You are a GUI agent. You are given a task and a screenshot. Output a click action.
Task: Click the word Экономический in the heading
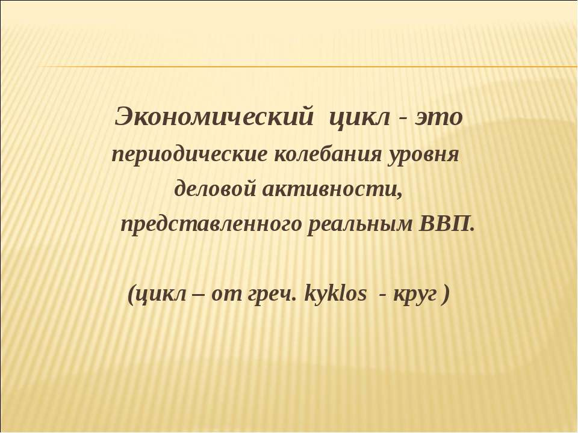coord(213,117)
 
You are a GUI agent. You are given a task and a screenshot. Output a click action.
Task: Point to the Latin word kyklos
coord(335,295)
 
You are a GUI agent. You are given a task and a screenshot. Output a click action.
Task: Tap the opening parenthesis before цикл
coord(132,295)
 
